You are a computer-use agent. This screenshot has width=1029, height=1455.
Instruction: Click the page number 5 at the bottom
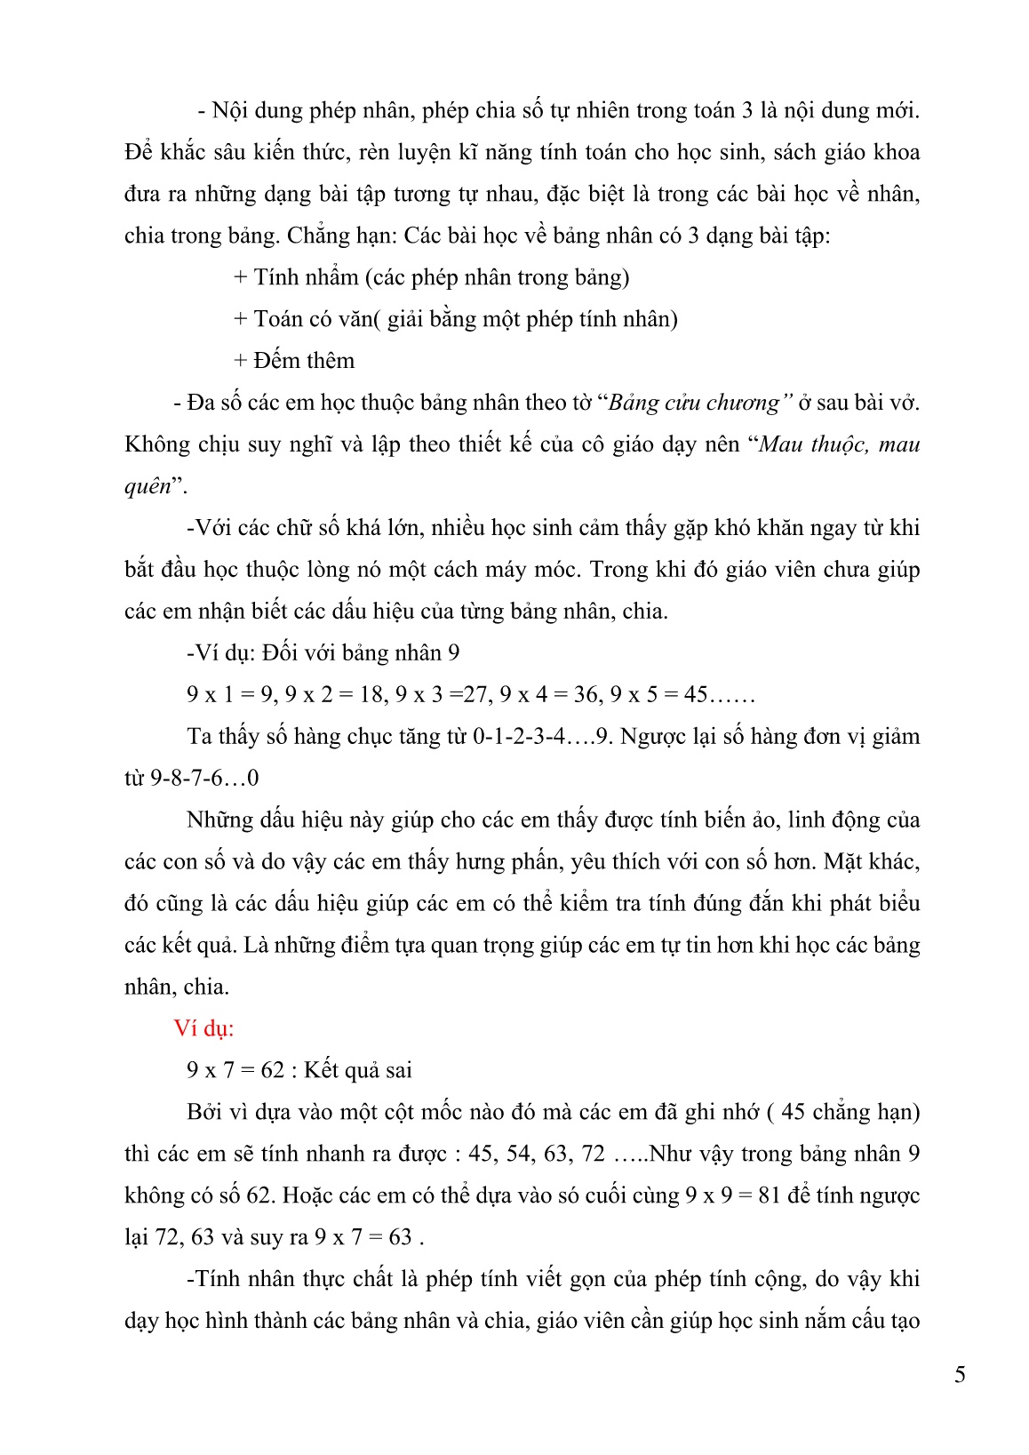pyautogui.click(x=960, y=1375)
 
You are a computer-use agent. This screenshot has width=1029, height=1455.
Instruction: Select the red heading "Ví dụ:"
pyautogui.click(x=204, y=1028)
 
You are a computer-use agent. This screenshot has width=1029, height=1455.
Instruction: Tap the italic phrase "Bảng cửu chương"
pyautogui.click(x=694, y=403)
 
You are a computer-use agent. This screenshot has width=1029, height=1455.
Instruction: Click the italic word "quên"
pyautogui.click(x=148, y=486)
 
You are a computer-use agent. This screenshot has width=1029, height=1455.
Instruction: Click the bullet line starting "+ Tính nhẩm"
pyautogui.click(x=431, y=277)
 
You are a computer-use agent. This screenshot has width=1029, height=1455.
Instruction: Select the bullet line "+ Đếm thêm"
pyautogui.click(x=294, y=361)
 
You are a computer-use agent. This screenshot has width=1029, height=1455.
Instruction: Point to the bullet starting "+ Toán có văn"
pyautogui.click(x=455, y=319)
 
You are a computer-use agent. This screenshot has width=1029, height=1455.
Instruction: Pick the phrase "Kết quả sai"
pyautogui.click(x=358, y=1070)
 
